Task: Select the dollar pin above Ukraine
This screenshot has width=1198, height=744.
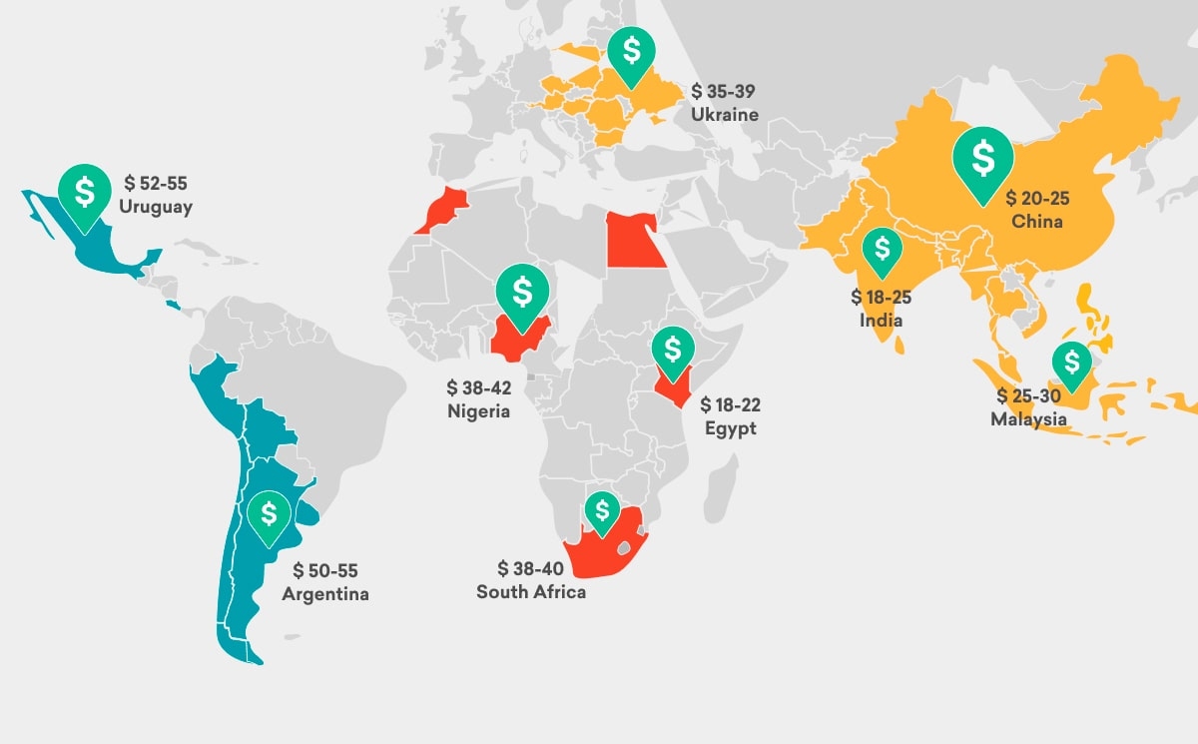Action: (632, 51)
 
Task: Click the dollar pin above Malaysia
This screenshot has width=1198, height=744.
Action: (1072, 364)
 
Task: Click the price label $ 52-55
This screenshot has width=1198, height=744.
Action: (156, 183)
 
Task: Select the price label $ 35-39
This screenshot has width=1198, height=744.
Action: (724, 91)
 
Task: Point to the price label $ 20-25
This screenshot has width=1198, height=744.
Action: (1037, 198)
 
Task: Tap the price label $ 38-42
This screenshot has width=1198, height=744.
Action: (479, 386)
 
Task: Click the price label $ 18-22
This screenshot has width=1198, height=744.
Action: (730, 404)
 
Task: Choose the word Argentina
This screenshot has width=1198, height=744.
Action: (325, 594)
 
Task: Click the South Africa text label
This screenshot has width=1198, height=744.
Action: (531, 591)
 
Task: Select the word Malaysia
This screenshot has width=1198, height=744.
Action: (1028, 419)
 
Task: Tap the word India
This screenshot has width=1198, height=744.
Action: (881, 321)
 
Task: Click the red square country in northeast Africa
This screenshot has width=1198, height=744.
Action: (636, 241)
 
